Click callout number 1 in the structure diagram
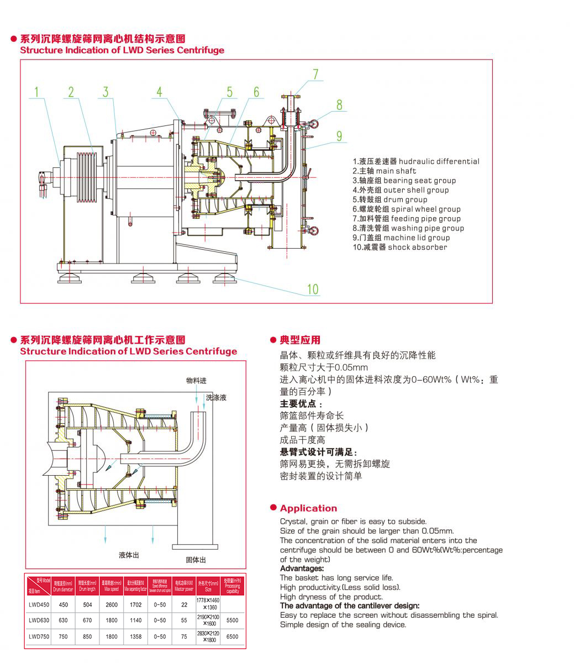click(37, 92)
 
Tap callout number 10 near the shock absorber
click(313, 289)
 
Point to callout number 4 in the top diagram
click(159, 92)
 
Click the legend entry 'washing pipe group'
click(408, 228)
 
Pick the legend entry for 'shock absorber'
click(400, 247)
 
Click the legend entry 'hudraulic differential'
click(416, 161)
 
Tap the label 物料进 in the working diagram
click(196, 381)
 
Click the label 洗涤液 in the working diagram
click(216, 397)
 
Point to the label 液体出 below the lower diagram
click(129, 555)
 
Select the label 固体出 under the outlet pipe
click(196, 560)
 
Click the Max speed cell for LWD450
click(112, 605)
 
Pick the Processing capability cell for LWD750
click(232, 636)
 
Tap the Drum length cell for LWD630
click(87, 620)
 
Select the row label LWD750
click(39, 636)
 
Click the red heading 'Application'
click(308, 508)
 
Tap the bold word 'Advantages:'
click(302, 569)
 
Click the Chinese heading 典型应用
click(300, 340)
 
